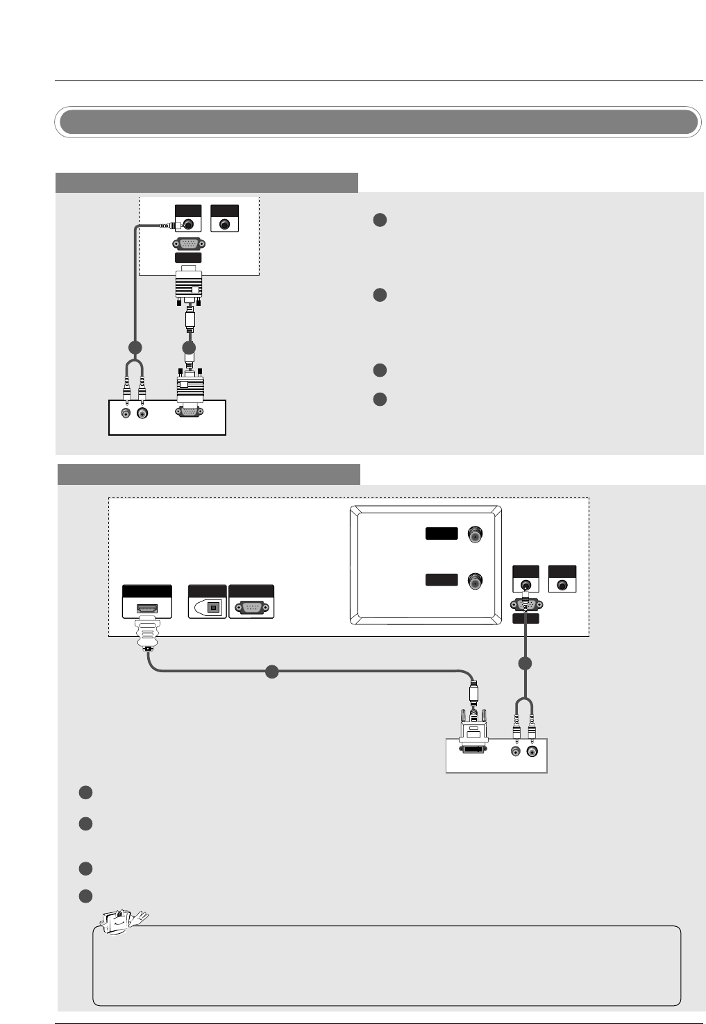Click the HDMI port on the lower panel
pos(146,608)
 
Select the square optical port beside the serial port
pos(215,608)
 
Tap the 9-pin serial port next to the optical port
pos(251,608)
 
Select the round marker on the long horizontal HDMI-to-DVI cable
pos(272,672)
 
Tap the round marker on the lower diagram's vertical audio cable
pos(526,664)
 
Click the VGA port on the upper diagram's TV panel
pos(189,244)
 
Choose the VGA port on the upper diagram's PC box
pos(189,411)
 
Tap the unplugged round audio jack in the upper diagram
pos(224,225)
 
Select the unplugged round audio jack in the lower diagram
pos(562,585)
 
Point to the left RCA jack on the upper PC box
pos(126,413)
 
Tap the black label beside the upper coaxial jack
pos(442,534)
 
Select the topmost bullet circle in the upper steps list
pos(379,220)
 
